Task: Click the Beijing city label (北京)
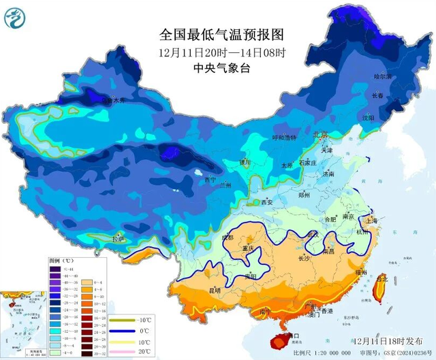pos(320,135)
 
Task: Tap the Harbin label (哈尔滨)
pos(384,77)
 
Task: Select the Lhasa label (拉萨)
pos(119,239)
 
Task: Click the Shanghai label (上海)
pos(371,221)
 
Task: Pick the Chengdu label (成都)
pos(228,237)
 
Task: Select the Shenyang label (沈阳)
pos(369,117)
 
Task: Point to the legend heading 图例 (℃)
pos(61,260)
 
